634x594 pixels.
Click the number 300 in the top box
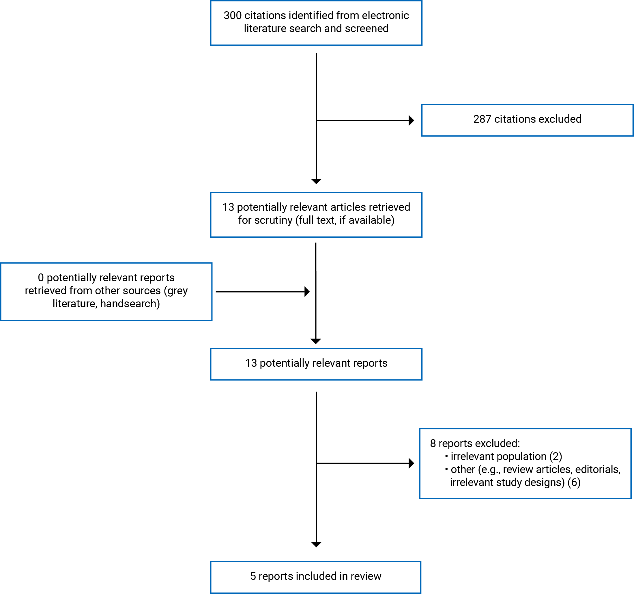click(232, 15)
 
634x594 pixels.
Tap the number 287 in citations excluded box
click(482, 119)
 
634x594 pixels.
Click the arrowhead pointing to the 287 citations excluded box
click(412, 121)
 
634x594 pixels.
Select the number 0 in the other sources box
click(41, 278)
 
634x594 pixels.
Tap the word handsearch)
click(130, 303)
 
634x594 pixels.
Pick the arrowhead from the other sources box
click(307, 292)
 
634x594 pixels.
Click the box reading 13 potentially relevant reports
click(316, 364)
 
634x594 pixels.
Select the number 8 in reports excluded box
click(433, 443)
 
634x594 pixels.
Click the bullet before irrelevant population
click(446, 456)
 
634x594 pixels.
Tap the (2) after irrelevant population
click(556, 457)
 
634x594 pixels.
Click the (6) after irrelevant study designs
click(574, 482)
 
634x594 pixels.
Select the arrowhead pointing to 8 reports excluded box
click(412, 463)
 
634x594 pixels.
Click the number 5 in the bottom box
click(253, 576)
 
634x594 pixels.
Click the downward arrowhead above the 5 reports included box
click(316, 545)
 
